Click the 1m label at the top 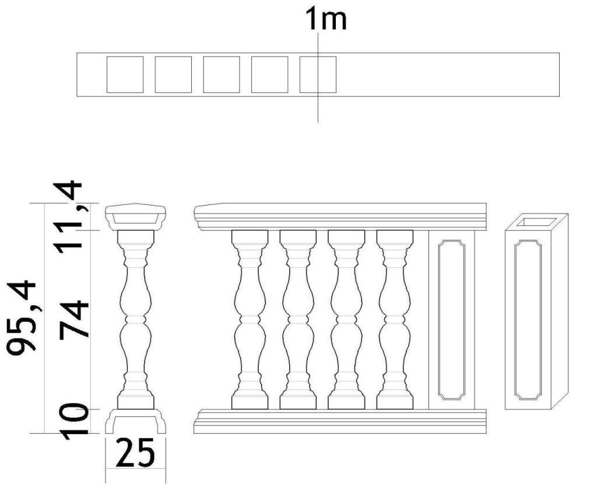coord(326,19)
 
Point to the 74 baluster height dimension coord(73,320)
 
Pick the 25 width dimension coord(135,452)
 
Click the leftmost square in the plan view coord(125,75)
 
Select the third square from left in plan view coord(222,75)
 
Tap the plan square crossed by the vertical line coord(318,75)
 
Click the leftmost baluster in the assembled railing coord(250,319)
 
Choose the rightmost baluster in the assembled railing coord(395,319)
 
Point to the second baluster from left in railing coord(298,319)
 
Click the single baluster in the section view coord(135,319)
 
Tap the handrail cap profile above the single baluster coord(135,217)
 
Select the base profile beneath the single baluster coord(135,421)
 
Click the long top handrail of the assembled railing coord(340,217)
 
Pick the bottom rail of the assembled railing coord(340,421)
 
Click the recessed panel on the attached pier coord(452,320)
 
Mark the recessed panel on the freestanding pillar coord(528,320)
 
